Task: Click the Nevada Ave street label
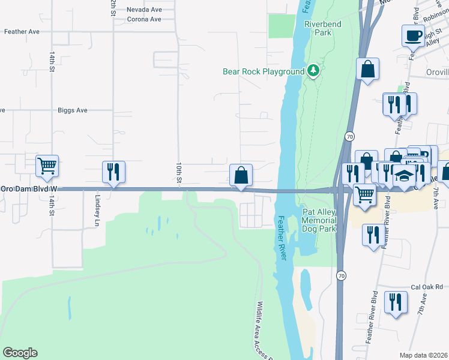[x=144, y=10]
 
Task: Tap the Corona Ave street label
[x=144, y=19]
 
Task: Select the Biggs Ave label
[x=73, y=110]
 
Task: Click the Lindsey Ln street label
[x=97, y=206]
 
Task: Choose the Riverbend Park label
[x=318, y=28]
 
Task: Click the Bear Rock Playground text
[x=264, y=71]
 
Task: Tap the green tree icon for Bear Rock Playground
[x=313, y=71]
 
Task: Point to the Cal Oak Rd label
[x=426, y=286]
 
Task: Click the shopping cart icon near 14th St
[x=47, y=165]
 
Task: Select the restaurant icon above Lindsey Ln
[x=113, y=172]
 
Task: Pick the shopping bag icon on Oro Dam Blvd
[x=241, y=175]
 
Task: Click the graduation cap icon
[x=405, y=176]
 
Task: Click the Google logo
[x=20, y=353]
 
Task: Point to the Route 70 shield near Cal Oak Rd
[x=342, y=275]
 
